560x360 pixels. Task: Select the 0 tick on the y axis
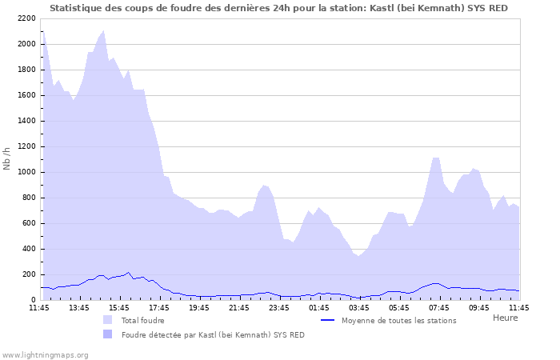(x=33, y=300)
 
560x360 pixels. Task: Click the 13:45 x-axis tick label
(x=79, y=307)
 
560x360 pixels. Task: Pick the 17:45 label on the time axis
(x=159, y=307)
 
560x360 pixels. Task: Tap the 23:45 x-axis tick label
(x=279, y=307)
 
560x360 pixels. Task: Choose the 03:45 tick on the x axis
(x=359, y=307)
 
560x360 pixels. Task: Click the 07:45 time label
(x=439, y=307)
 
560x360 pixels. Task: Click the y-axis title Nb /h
(x=7, y=158)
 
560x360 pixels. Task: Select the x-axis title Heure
(x=505, y=318)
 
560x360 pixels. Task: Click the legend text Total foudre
(x=142, y=320)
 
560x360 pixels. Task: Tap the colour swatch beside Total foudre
(x=108, y=320)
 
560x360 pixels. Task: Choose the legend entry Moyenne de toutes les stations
(x=398, y=320)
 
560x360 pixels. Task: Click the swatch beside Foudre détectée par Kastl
(x=108, y=334)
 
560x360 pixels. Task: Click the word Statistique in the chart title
(x=76, y=8)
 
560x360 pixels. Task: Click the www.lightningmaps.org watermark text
(x=45, y=354)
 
